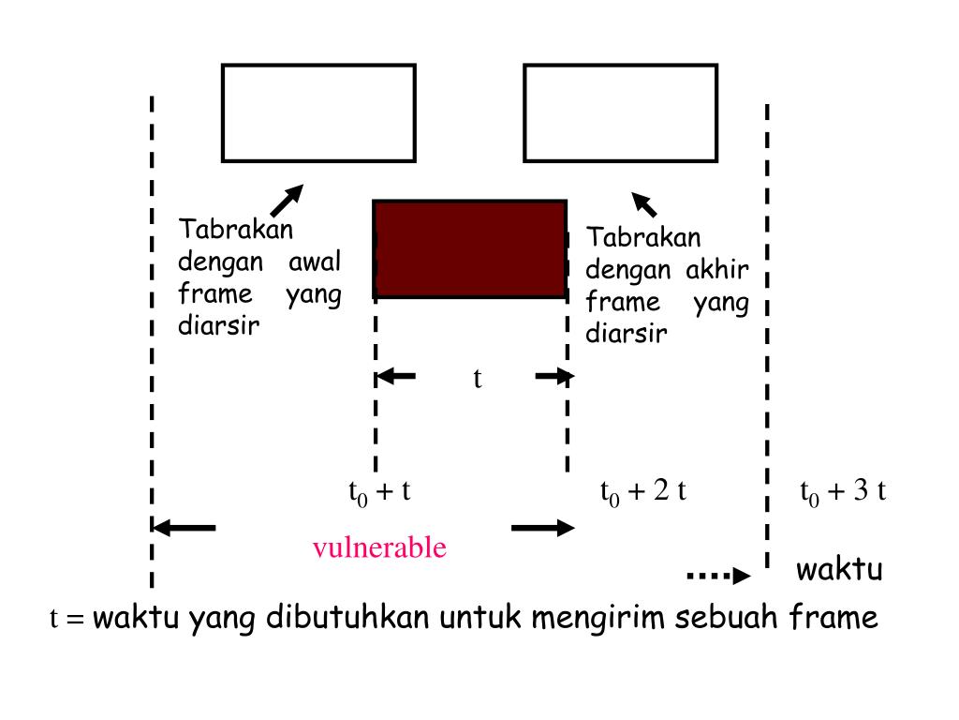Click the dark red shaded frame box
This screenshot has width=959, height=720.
469,248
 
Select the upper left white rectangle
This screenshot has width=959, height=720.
318,112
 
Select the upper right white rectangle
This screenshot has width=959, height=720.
620,112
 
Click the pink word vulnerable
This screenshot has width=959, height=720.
379,547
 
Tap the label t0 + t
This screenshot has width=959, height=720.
379,491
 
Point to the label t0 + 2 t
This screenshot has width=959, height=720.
643,491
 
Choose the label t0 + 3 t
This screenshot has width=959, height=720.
843,491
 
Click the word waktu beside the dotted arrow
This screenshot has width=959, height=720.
839,570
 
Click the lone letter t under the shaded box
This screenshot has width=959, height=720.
477,378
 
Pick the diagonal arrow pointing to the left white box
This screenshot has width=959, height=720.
287,200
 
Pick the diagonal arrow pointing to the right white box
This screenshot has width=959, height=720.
644,202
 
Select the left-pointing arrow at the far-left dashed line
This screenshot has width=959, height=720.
184,528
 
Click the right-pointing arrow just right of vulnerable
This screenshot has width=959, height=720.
542,528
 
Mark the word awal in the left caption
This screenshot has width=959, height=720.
314,260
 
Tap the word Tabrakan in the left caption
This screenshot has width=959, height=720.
236,229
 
